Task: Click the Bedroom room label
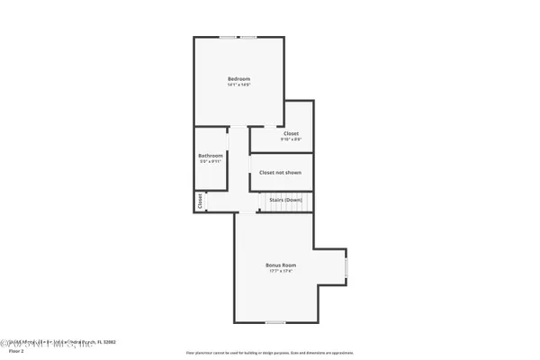pyautogui.click(x=238, y=79)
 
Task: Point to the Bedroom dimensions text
pyautogui.click(x=238, y=86)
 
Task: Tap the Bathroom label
pyautogui.click(x=211, y=156)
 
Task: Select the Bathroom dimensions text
pyautogui.click(x=211, y=162)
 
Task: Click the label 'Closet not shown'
pyautogui.click(x=280, y=172)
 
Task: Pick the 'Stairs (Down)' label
pyautogui.click(x=285, y=200)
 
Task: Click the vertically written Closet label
pyautogui.click(x=200, y=202)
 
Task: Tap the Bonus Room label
pyautogui.click(x=280, y=265)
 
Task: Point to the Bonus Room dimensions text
pyautogui.click(x=280, y=272)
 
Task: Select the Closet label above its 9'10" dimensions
pyautogui.click(x=291, y=133)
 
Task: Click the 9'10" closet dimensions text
pyautogui.click(x=291, y=139)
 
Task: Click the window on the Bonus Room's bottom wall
pyautogui.click(x=274, y=322)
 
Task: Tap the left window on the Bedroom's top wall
pyautogui.click(x=228, y=37)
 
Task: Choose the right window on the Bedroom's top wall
pyautogui.click(x=247, y=37)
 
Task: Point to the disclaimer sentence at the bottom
pyautogui.click(x=270, y=353)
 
